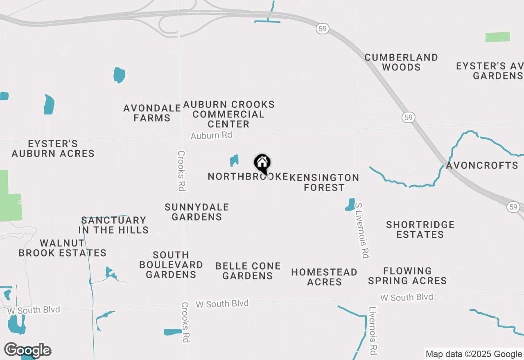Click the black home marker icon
click(262, 164)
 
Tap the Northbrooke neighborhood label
click(247, 176)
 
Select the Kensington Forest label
click(324, 182)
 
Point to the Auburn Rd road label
click(211, 135)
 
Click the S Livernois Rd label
click(362, 230)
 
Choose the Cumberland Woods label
click(401, 62)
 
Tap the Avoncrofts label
click(482, 166)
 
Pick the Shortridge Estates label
click(420, 229)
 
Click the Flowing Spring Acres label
click(407, 276)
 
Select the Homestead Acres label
click(324, 277)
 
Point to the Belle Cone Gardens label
click(248, 271)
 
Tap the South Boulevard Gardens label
click(171, 265)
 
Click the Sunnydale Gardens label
click(197, 212)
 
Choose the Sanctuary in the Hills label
click(113, 225)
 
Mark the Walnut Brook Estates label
click(62, 248)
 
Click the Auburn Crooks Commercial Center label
click(229, 114)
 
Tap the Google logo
click(27, 351)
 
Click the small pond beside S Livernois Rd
click(350, 205)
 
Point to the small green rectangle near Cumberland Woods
click(497, 37)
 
